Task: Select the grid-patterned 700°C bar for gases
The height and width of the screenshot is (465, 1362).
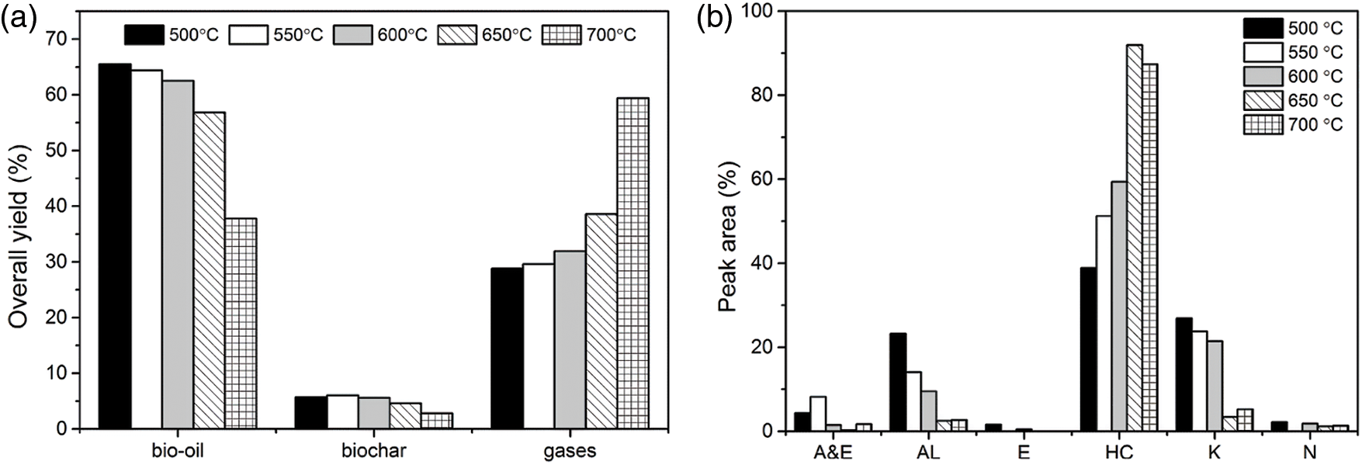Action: [x=632, y=264]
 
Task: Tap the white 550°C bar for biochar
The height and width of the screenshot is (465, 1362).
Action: [x=342, y=411]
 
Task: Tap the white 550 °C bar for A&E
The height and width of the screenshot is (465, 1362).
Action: [x=817, y=414]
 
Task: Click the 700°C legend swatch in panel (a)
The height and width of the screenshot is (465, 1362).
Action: [x=561, y=35]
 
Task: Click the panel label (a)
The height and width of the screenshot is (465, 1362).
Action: [x=18, y=19]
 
